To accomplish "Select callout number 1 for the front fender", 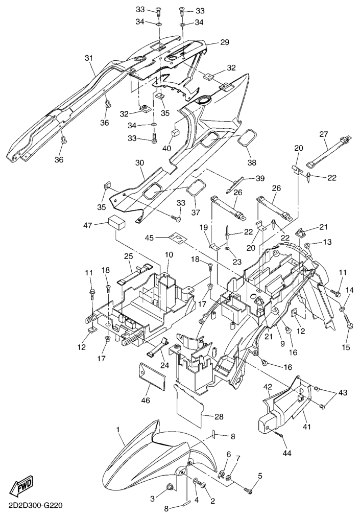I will [118, 430].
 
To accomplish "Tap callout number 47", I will [87, 224].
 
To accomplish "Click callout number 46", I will [146, 401].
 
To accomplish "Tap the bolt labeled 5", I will [249, 490].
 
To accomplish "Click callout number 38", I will [251, 162].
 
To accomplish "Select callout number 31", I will [89, 58].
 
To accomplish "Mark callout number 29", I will [224, 42].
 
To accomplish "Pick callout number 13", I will [327, 241].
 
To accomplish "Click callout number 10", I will [169, 254].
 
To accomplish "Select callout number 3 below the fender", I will [152, 498].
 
